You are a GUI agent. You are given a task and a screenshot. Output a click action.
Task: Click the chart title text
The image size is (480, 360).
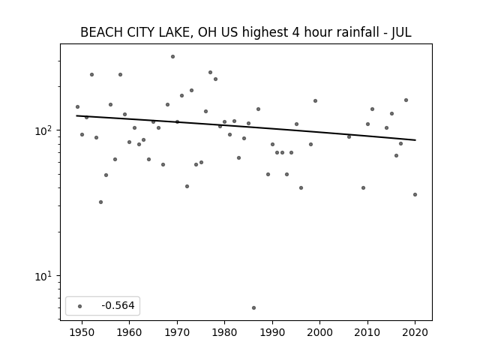tap(245, 32)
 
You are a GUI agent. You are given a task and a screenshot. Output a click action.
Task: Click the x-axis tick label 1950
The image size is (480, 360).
tap(82, 332)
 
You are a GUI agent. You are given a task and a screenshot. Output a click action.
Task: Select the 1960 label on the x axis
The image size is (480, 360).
tap(129, 332)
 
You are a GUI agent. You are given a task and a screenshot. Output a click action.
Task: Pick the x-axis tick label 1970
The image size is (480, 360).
tap(177, 332)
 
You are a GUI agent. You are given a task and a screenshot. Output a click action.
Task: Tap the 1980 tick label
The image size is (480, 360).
tap(224, 332)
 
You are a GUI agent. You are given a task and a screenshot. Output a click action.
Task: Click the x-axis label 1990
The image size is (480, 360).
tap(272, 332)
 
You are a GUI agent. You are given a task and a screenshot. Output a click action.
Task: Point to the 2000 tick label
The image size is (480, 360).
tap(319, 332)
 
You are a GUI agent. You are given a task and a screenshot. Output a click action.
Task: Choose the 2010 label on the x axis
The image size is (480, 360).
tap(367, 332)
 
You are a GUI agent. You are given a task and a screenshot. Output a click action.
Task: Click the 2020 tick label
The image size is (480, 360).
tap(415, 332)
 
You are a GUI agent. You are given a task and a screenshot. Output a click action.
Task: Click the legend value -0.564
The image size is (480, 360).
tap(118, 305)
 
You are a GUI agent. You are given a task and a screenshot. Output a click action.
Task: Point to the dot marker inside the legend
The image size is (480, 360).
tap(80, 306)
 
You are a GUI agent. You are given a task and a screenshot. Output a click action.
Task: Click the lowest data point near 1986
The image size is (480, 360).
tap(253, 308)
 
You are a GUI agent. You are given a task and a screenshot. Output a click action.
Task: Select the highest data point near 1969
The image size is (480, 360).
tap(172, 57)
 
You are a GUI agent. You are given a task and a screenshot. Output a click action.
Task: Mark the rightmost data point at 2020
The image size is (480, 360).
tap(415, 195)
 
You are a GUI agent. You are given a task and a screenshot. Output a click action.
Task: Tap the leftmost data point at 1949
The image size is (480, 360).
tap(77, 106)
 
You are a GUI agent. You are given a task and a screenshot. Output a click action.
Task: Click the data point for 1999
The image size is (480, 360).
tap(315, 101)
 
